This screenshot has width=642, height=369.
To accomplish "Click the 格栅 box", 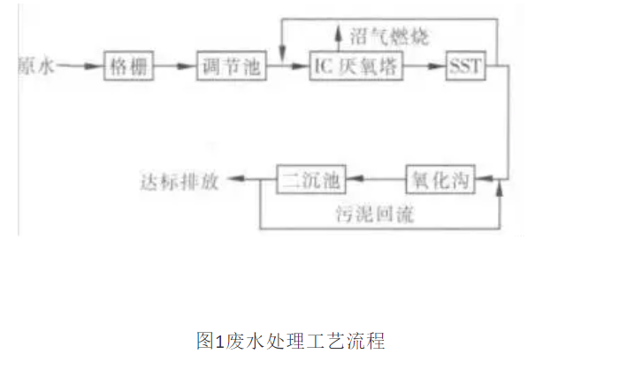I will (130, 66).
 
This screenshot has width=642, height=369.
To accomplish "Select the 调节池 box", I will (230, 66).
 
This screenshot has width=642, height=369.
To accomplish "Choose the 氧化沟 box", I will (439, 181).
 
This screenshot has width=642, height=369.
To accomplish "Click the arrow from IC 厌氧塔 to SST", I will (427, 66).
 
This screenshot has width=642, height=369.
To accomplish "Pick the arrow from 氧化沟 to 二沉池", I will (373, 181).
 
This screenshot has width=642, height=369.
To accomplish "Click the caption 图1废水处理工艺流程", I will (291, 339).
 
